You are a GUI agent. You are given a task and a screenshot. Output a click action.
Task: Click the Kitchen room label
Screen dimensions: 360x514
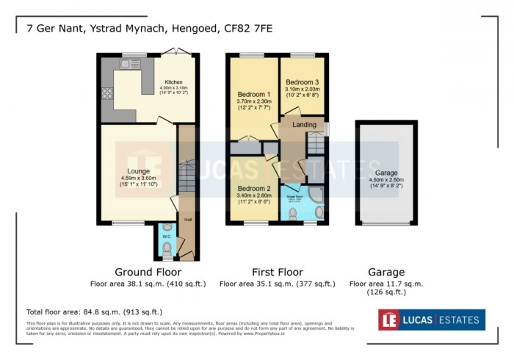(x=173, y=82)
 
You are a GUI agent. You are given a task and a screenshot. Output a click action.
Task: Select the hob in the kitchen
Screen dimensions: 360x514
(x=107, y=93)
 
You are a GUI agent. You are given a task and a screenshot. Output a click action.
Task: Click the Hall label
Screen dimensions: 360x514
(x=187, y=218)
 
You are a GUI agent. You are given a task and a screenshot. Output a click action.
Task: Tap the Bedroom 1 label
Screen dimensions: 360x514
(x=253, y=95)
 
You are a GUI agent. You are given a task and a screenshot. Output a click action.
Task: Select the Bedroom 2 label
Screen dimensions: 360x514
(x=253, y=188)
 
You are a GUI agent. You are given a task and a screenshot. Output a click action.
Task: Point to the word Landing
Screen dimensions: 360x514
(x=303, y=124)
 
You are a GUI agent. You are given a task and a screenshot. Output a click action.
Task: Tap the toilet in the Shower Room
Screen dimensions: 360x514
(x=294, y=213)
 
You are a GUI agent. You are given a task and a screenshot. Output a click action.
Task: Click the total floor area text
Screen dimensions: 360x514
(x=94, y=312)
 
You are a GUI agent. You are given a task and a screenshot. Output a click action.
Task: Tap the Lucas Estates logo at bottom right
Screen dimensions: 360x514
(x=431, y=320)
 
